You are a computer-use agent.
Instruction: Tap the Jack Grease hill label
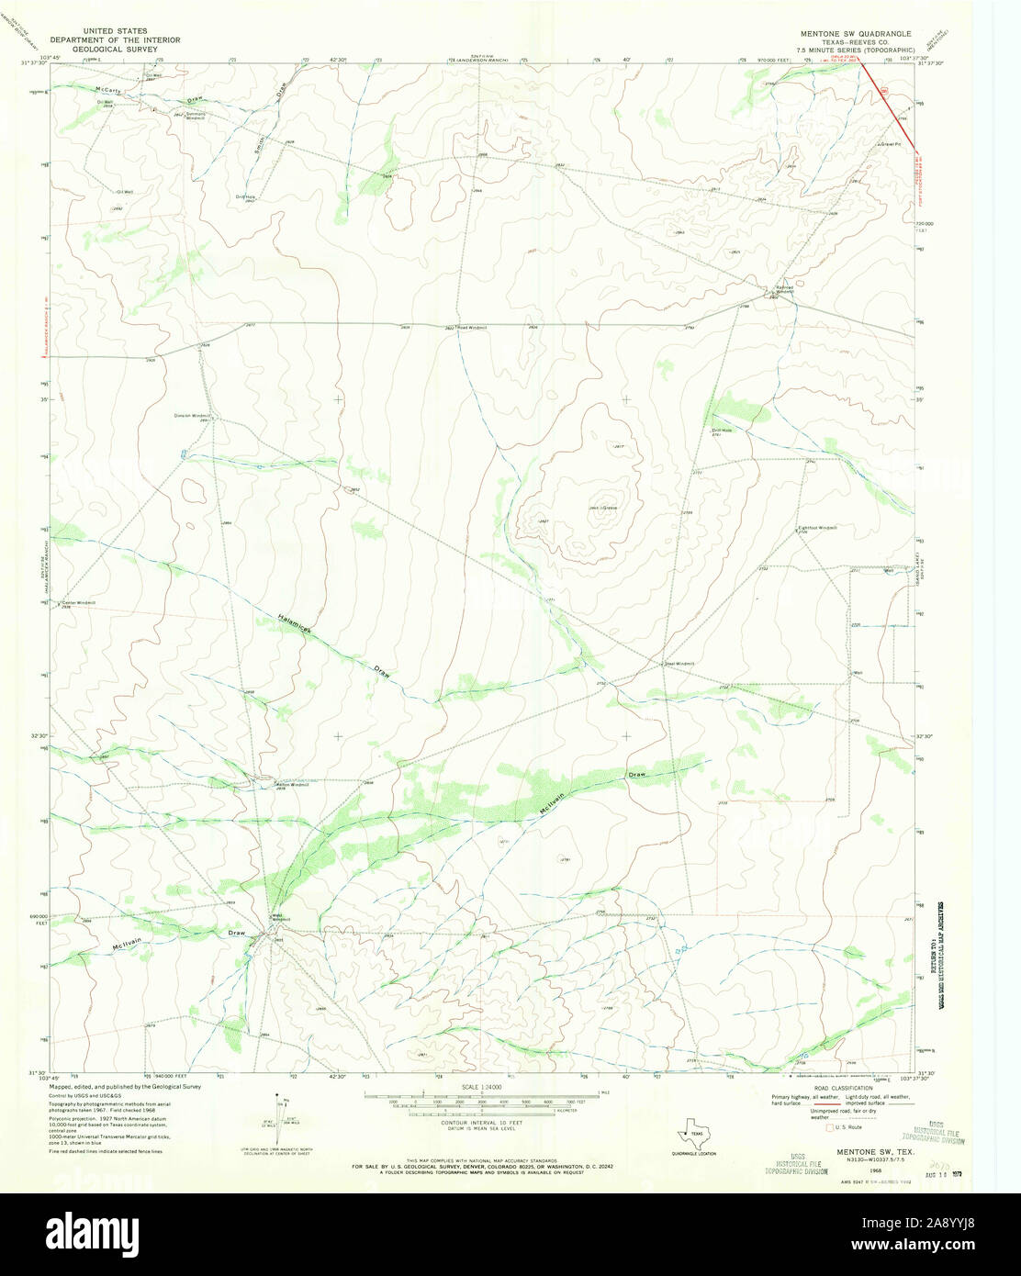click(x=602, y=508)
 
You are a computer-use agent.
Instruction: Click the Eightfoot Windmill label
click(x=817, y=528)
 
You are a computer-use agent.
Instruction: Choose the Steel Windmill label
click(x=679, y=663)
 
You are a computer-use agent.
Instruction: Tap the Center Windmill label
click(x=79, y=602)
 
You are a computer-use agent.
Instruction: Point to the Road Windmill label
click(x=471, y=328)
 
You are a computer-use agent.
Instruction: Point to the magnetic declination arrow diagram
click(x=282, y=1113)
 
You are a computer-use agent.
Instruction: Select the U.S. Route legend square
click(x=830, y=1126)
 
